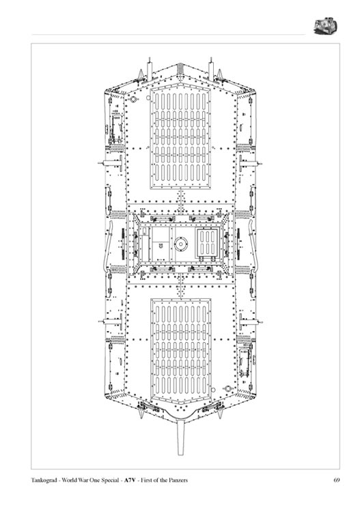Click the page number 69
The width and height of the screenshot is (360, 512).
337,480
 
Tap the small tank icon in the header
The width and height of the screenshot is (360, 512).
325,26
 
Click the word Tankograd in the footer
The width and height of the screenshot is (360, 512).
45,481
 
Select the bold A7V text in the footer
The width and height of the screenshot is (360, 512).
130,480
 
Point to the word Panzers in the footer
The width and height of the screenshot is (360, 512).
179,480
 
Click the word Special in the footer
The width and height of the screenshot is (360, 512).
111,481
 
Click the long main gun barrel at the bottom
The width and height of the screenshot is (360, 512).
180,437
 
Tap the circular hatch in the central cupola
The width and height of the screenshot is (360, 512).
180,244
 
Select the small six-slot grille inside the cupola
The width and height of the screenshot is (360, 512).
207,244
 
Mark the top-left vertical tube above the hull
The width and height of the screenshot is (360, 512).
150,70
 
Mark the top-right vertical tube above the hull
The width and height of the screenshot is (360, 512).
211,70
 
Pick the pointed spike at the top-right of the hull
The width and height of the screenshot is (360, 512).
219,74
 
